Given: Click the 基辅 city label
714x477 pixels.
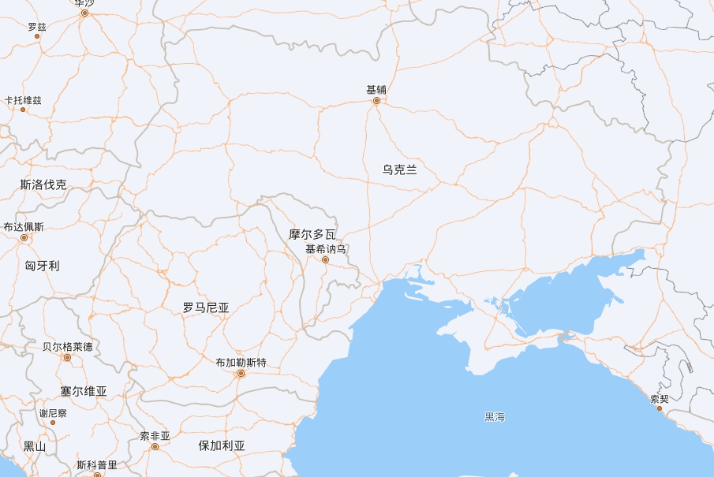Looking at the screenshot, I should pos(376,90).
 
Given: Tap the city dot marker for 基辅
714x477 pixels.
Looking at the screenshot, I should pos(376,101).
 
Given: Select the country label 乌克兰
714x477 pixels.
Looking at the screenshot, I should pos(400,170).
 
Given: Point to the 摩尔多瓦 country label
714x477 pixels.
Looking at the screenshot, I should pos(312,234).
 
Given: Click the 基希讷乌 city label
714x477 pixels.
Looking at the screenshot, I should pos(326,249).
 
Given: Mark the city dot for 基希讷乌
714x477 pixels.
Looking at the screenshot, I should pos(325,259).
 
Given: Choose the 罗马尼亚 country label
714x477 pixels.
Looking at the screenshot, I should pos(206,307).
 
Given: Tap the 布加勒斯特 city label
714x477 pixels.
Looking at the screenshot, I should pos(241,363).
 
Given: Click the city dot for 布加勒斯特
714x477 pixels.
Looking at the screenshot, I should pos(241,374).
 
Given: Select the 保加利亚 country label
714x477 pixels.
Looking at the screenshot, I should pos(222,445).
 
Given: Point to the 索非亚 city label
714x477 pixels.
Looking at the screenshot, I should pos(155,436).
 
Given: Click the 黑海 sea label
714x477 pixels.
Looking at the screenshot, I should pos(495,416).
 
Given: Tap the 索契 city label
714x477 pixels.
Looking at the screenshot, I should pos(660,399).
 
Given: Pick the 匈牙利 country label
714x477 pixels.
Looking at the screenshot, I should pos(42,266).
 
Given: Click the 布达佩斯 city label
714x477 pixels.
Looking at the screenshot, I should pos(24,227).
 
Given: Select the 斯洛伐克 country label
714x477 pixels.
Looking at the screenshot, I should pos(43,185).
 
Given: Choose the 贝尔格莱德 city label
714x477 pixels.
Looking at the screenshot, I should pos(67,347).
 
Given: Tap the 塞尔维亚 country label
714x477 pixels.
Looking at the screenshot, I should pos(84,391).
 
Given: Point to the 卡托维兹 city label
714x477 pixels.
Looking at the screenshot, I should pos(23,100).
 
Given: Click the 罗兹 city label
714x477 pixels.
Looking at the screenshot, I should pos(37,27).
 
